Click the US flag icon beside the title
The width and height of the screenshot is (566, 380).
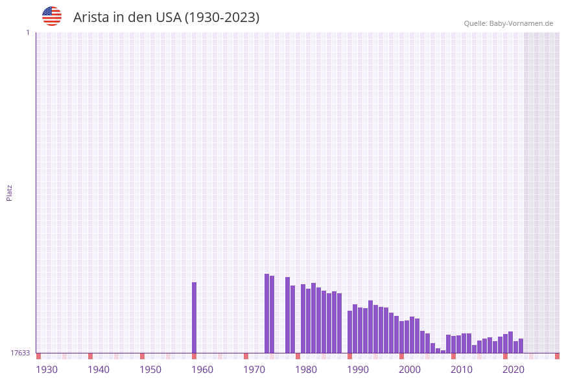(52, 16)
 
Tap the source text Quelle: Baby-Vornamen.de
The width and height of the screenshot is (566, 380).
(508, 23)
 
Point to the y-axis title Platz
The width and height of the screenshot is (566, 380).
(10, 192)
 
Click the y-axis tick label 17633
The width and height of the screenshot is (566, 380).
(20, 353)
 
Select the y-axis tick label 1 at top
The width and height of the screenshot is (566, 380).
(27, 32)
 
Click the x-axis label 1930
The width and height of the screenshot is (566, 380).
(47, 370)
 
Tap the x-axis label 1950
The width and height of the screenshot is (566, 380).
(150, 370)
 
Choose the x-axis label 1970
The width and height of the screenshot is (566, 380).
(254, 370)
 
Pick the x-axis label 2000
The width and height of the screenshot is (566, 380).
(410, 370)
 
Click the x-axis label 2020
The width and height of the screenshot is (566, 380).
(513, 370)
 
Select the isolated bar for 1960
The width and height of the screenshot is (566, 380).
(194, 317)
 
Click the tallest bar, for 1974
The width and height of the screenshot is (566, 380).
(266, 313)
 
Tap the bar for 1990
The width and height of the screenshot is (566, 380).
(349, 331)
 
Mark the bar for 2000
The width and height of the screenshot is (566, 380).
(401, 337)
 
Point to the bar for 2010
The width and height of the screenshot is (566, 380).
(453, 344)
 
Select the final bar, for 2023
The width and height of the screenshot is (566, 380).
(521, 346)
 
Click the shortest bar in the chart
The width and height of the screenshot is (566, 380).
(443, 352)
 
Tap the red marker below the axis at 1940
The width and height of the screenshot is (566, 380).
(90, 356)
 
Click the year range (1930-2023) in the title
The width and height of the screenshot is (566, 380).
(222, 17)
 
